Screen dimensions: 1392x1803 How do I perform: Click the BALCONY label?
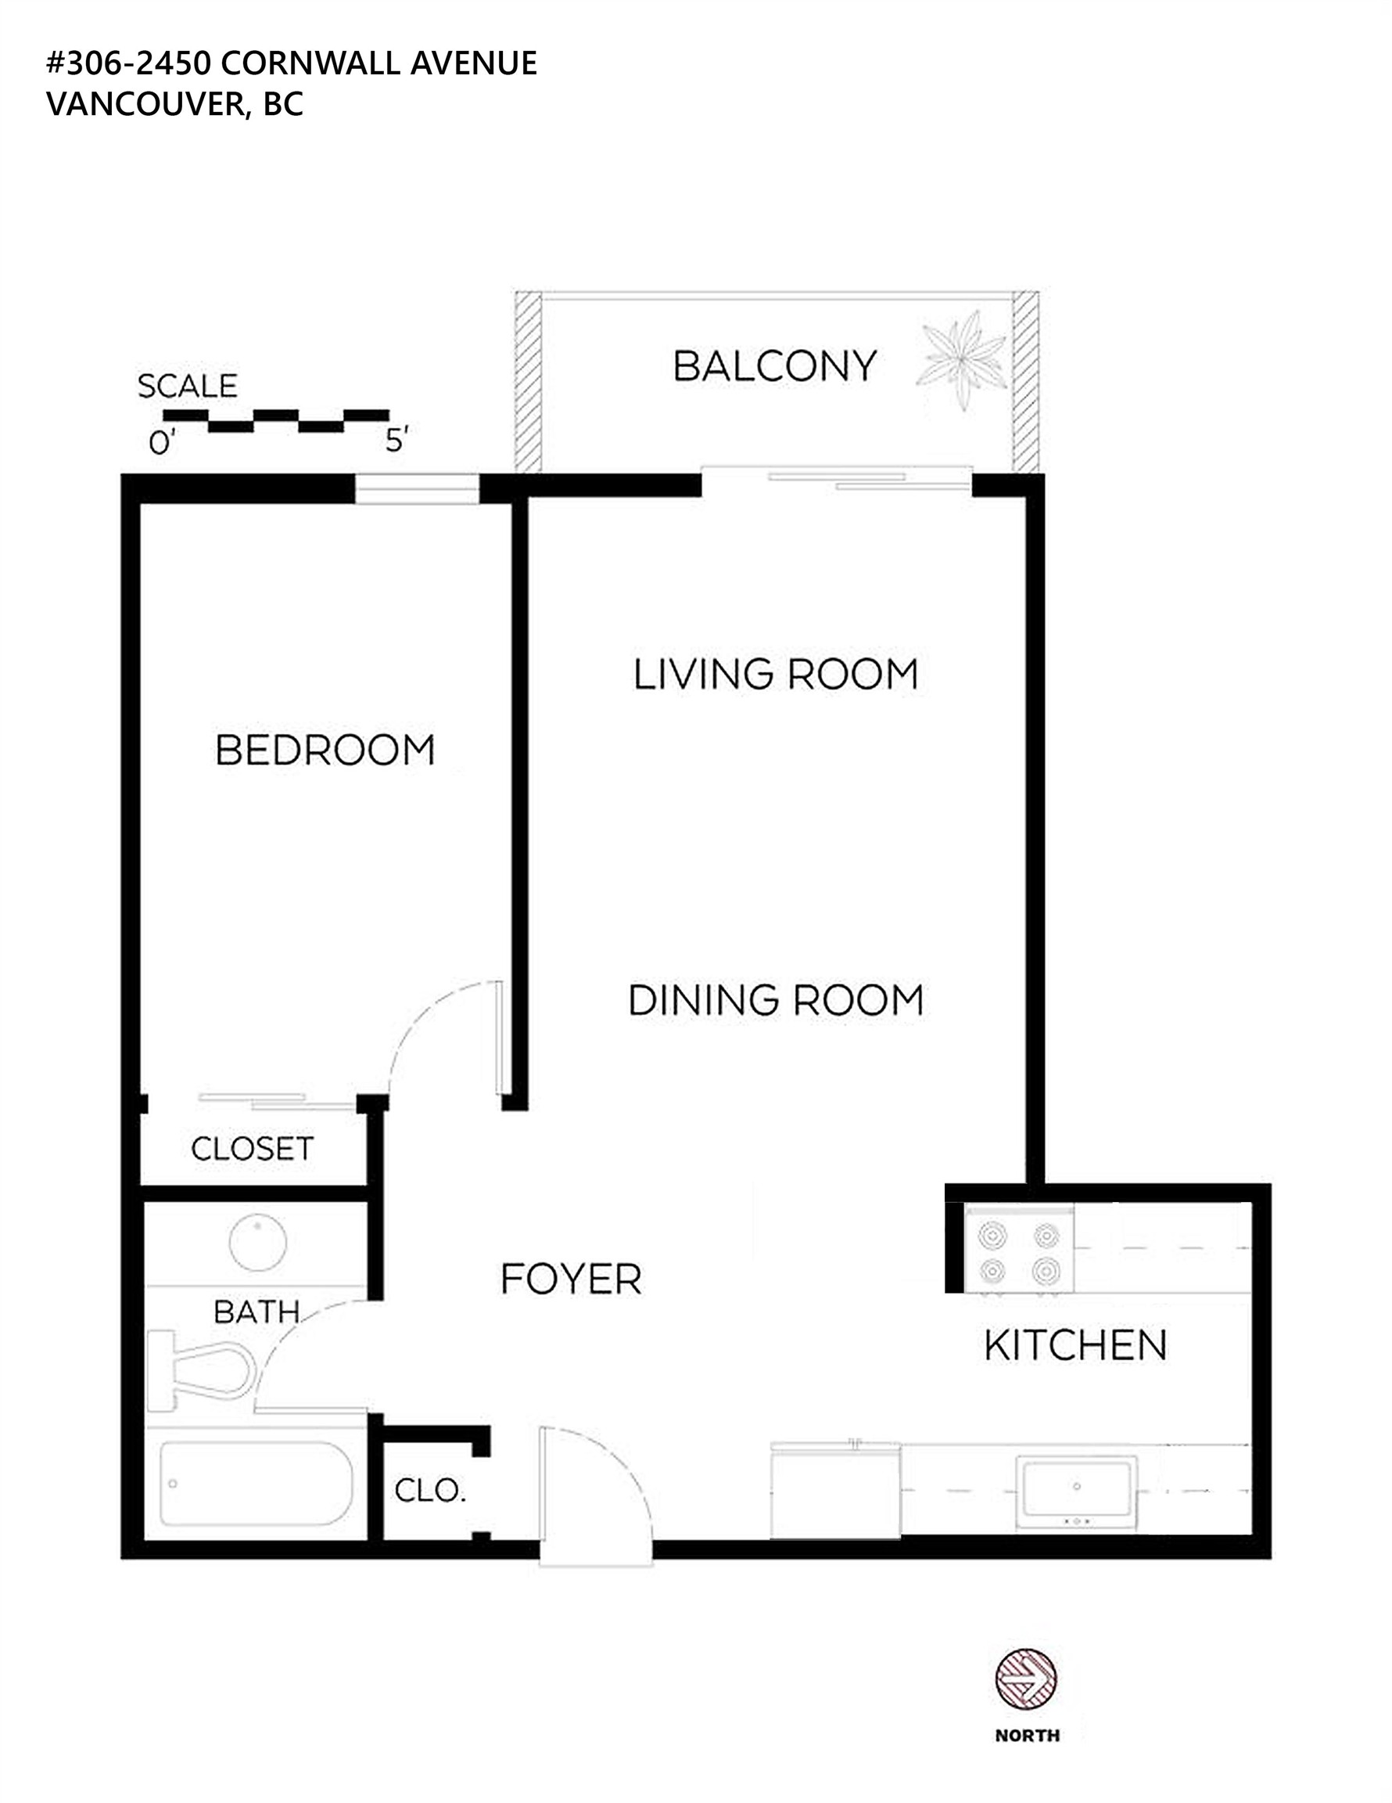pyautogui.click(x=775, y=366)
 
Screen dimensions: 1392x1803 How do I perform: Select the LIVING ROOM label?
pyautogui.click(x=776, y=675)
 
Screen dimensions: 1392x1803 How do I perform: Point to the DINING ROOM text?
pyautogui.click(x=776, y=1001)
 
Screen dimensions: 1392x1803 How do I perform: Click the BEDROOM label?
pyautogui.click(x=325, y=750)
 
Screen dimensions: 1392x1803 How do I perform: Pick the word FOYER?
pyautogui.click(x=571, y=1279)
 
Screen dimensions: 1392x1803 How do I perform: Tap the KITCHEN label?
pyautogui.click(x=1076, y=1346)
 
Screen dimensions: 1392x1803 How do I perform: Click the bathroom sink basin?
pyautogui.click(x=258, y=1242)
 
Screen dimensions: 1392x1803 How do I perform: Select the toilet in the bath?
pyautogui.click(x=203, y=1371)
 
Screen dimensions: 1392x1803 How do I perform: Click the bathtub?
pyautogui.click(x=257, y=1484)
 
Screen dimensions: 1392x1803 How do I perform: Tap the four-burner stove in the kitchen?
pyautogui.click(x=1020, y=1249)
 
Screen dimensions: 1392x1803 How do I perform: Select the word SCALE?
pyautogui.click(x=188, y=387)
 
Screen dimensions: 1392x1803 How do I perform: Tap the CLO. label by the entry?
pyautogui.click(x=430, y=1491)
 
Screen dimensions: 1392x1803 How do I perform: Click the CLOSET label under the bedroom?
pyautogui.click(x=252, y=1149)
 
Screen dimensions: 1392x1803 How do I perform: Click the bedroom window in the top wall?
pyautogui.click(x=418, y=489)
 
